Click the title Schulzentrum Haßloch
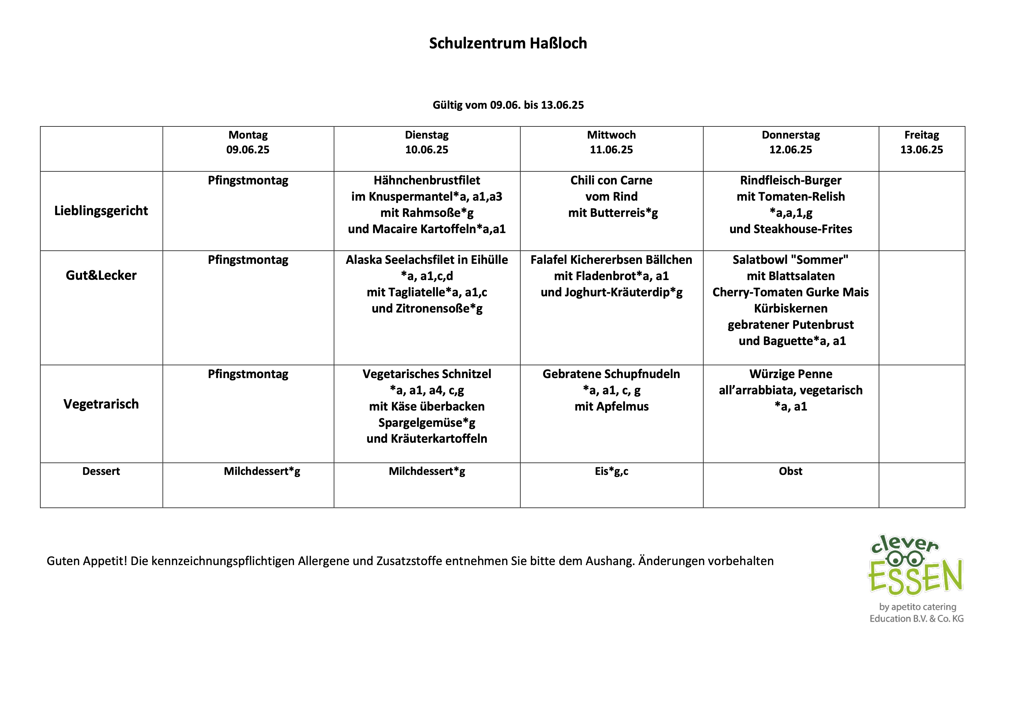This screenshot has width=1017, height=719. [x=508, y=43]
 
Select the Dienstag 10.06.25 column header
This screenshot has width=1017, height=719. [x=426, y=142]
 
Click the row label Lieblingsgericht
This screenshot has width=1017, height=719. [x=101, y=211]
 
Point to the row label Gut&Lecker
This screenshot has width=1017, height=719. [x=101, y=275]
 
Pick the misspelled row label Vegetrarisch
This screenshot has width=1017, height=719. [x=101, y=404]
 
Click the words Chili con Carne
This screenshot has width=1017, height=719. [x=611, y=180]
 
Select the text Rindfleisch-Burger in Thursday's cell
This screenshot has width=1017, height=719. [x=791, y=180]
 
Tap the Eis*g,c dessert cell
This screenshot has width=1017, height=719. [x=611, y=471]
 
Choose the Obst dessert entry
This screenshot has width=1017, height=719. [x=791, y=471]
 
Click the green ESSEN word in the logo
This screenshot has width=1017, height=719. [x=915, y=577]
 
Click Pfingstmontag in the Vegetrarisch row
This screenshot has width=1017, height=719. [x=248, y=374]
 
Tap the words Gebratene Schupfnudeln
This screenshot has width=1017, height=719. [x=611, y=374]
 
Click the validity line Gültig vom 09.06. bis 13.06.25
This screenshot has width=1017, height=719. [x=508, y=105]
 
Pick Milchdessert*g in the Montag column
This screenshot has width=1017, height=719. [x=262, y=471]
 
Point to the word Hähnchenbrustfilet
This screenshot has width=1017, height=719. [x=426, y=180]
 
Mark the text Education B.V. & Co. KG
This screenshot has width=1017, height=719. [x=916, y=619]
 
